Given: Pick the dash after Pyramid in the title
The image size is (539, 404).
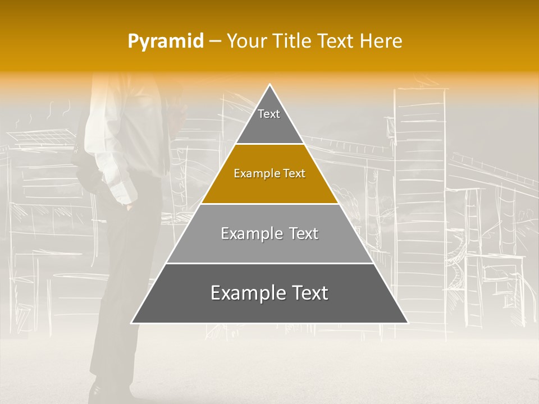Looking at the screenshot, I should [x=215, y=42].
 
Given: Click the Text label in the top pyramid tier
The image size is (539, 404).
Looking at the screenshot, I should [x=269, y=114].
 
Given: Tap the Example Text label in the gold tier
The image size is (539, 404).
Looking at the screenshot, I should [x=269, y=174].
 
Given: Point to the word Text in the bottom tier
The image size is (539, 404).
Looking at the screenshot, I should [x=308, y=293].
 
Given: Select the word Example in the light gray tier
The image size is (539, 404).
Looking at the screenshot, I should [x=250, y=233].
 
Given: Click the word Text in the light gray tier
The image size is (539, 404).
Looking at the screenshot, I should [x=302, y=233].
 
